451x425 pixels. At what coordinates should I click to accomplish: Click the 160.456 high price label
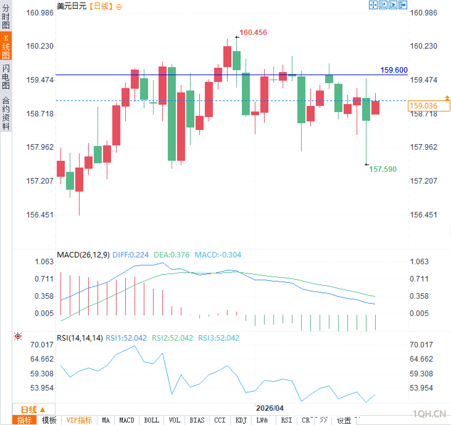tap(253, 32)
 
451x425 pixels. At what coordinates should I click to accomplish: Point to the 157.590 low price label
tap(383, 169)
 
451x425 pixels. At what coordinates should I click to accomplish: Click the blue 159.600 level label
tap(394, 70)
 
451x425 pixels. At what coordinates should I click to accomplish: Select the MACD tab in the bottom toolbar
tap(126, 420)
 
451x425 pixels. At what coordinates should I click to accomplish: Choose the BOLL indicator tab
tap(151, 420)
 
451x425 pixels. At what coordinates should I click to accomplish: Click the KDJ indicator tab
tap(241, 420)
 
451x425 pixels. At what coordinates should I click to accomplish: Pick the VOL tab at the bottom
tap(174, 420)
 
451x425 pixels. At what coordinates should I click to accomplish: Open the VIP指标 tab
tap(79, 420)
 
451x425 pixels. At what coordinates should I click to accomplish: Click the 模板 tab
tap(49, 420)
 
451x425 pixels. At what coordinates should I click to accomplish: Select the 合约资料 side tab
tap(6, 113)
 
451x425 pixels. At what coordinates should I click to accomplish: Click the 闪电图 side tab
tap(6, 77)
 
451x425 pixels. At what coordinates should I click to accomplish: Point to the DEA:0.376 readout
tap(172, 255)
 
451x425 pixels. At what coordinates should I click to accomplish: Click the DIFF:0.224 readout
tap(130, 255)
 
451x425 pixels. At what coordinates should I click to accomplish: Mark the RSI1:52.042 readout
tap(126, 338)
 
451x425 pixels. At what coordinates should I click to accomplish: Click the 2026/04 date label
tap(270, 408)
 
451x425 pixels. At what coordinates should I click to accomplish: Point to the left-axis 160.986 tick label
tap(40, 13)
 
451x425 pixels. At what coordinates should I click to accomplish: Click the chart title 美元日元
tap(72, 6)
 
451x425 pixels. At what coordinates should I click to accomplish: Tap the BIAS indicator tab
tap(197, 420)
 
